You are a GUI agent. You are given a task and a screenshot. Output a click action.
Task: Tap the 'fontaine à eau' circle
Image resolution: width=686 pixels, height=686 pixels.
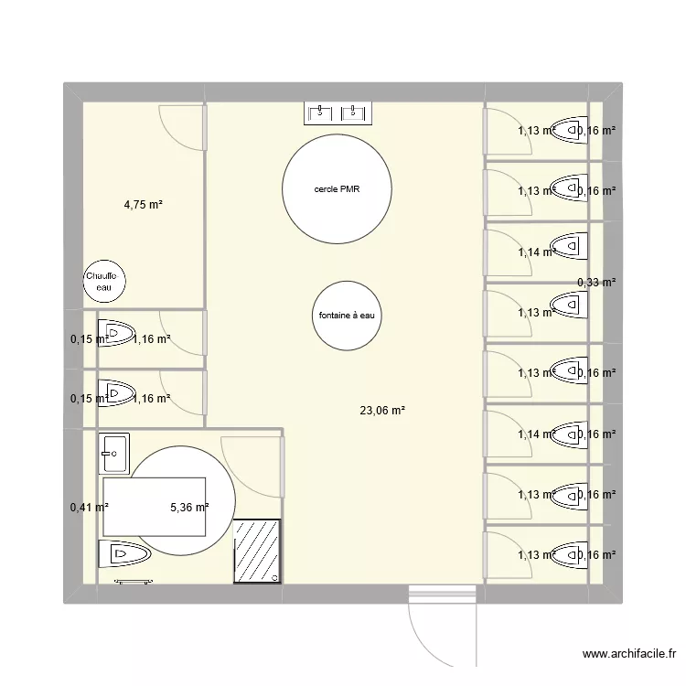pyautogui.click(x=347, y=316)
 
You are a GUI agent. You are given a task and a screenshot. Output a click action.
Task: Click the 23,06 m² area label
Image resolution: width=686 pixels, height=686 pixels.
pyautogui.click(x=382, y=412)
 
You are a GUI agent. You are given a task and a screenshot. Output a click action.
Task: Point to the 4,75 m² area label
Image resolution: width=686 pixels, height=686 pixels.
pyautogui.click(x=143, y=205)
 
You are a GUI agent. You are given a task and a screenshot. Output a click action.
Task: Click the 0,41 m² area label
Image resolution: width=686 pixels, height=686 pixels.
pyautogui.click(x=89, y=507)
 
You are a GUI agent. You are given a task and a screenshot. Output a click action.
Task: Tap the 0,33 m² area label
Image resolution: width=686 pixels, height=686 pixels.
pyautogui.click(x=596, y=283)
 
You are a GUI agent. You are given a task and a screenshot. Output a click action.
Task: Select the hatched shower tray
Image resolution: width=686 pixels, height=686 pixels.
pyautogui.click(x=258, y=551)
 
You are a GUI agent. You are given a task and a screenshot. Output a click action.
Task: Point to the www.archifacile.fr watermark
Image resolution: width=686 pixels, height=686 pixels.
pyautogui.click(x=629, y=654)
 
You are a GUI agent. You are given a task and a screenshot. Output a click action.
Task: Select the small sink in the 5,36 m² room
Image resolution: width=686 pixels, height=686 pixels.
pyautogui.click(x=115, y=450)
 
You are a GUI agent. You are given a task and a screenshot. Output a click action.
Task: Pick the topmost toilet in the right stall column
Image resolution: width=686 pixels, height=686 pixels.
pyautogui.click(x=568, y=131)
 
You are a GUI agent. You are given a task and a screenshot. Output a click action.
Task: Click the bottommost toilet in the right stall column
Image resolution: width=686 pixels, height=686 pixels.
pyautogui.click(x=568, y=554)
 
